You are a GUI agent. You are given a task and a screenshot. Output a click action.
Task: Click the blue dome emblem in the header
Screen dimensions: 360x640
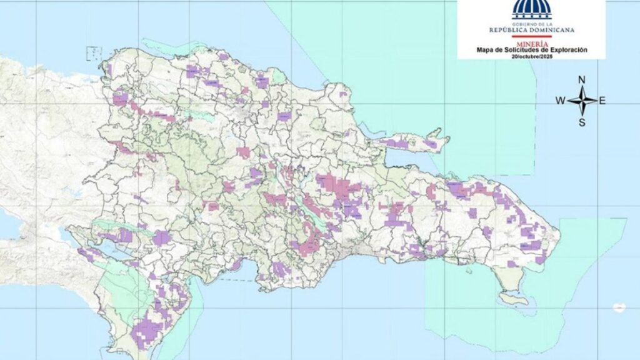[531, 9]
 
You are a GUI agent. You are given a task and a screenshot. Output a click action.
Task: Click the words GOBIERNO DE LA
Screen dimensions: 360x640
[531, 22]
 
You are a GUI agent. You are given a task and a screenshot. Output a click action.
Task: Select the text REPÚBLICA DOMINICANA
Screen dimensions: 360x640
[531, 29]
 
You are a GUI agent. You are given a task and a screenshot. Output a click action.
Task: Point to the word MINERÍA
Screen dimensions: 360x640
[531, 43]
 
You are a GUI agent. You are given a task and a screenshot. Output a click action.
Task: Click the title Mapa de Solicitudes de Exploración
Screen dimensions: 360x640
[531, 49]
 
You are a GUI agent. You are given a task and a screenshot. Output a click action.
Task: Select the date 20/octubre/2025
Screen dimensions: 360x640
[531, 56]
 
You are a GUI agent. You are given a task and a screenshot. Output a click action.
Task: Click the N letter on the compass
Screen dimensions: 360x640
[581, 79]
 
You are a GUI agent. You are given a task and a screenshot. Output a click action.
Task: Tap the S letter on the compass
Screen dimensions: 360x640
[581, 122]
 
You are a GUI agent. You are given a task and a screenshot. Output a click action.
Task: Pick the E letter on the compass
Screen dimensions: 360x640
[602, 101]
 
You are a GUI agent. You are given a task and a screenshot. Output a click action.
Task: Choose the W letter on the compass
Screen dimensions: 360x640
[560, 101]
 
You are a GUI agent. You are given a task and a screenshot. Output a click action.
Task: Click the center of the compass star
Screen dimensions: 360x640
[581, 101]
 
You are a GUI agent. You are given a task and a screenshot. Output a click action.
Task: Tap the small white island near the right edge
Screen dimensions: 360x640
[619, 307]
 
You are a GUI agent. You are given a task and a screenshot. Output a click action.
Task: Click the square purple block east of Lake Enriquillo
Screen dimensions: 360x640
[161, 237]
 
